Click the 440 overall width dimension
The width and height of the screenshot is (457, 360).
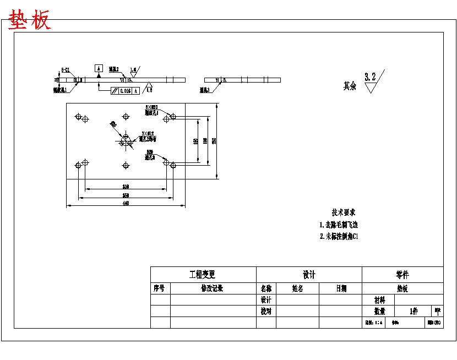[126, 204]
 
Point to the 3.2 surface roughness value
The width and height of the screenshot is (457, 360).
[370, 77]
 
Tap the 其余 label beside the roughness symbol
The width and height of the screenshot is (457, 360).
[350, 86]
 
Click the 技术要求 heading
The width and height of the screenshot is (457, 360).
[344, 212]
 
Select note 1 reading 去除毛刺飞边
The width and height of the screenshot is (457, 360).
[339, 225]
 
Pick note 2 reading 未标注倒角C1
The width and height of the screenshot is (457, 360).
[339, 237]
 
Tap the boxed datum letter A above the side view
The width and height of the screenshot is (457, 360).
[99, 68]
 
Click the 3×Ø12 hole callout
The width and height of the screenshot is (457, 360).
[148, 133]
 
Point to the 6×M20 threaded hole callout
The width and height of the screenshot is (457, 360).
[151, 107]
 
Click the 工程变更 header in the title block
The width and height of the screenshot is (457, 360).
[203, 275]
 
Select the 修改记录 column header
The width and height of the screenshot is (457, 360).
[212, 288]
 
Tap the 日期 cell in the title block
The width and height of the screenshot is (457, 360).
[341, 288]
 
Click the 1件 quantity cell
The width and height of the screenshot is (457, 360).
[414, 312]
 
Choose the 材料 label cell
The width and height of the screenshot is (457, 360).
[379, 300]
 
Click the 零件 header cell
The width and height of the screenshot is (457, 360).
[402, 275]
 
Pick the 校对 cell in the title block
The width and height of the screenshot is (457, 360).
[266, 312]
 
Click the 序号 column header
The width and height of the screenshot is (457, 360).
[160, 288]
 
